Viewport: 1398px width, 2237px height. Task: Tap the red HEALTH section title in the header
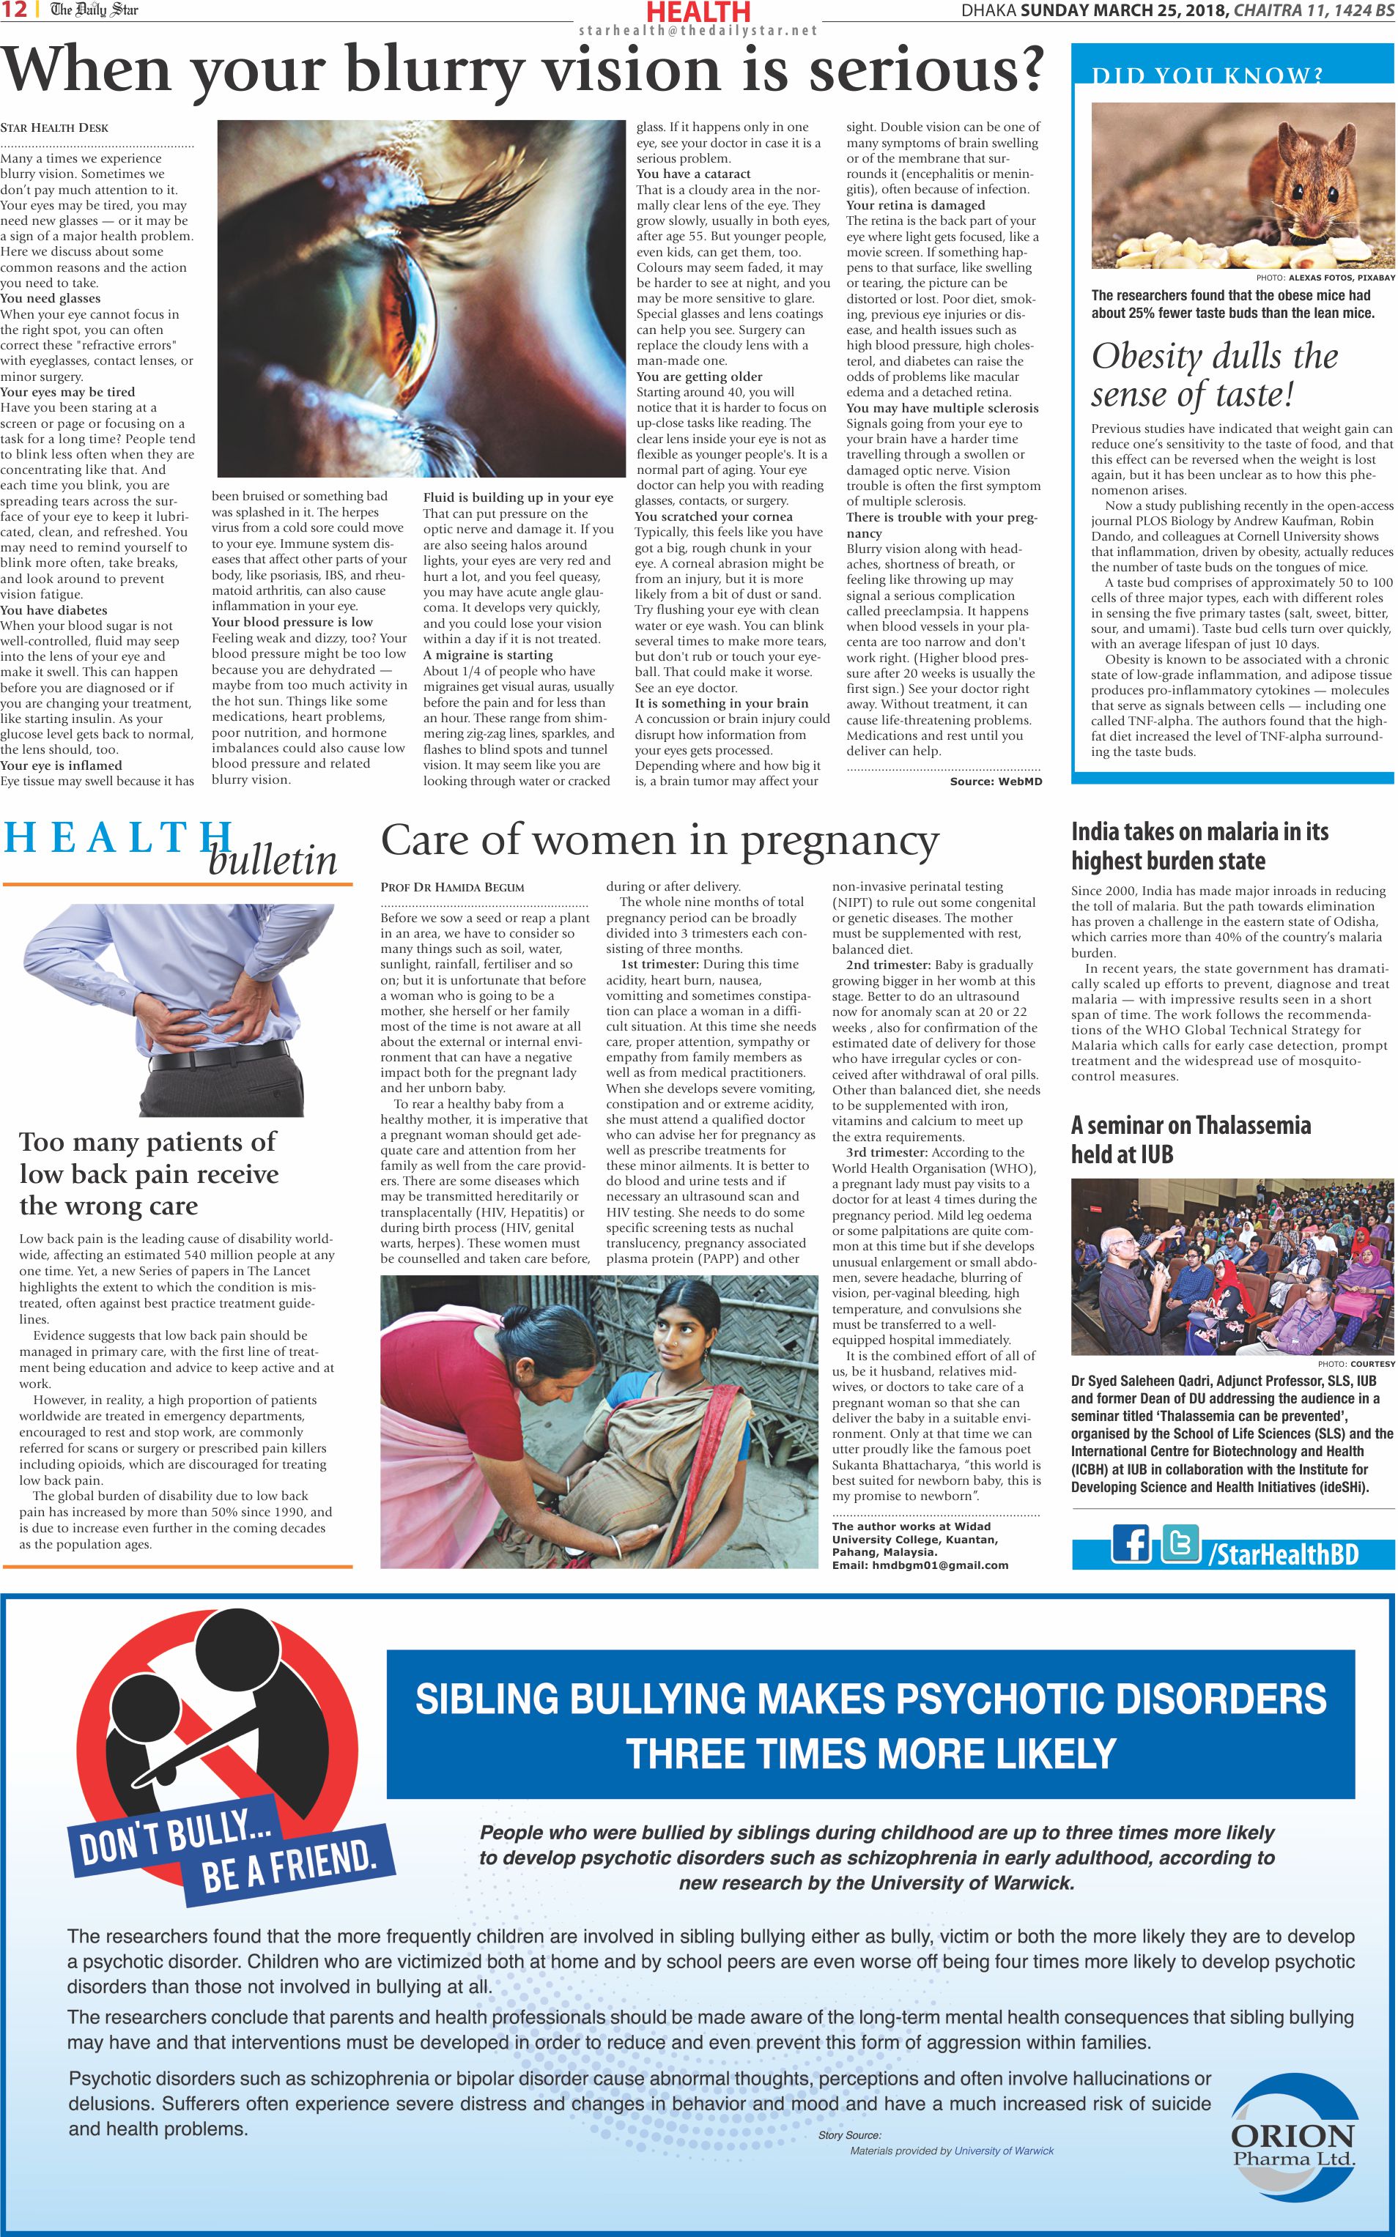[x=698, y=12]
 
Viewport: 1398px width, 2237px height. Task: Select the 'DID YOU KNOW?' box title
[x=1207, y=75]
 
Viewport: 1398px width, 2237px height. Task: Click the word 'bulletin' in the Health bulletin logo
[x=272, y=861]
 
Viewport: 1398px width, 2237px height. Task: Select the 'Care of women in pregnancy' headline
[x=659, y=839]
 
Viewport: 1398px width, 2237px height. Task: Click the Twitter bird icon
[x=1180, y=1543]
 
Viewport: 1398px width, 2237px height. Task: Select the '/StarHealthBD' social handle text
[x=1284, y=1553]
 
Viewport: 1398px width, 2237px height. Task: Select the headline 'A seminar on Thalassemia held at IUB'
[x=1190, y=1140]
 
